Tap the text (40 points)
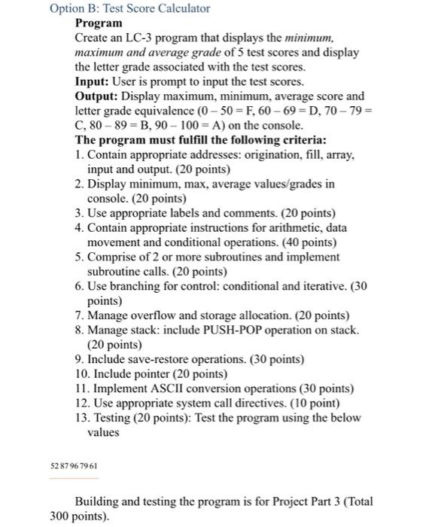tap(306, 242)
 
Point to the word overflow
tap(151, 315)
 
